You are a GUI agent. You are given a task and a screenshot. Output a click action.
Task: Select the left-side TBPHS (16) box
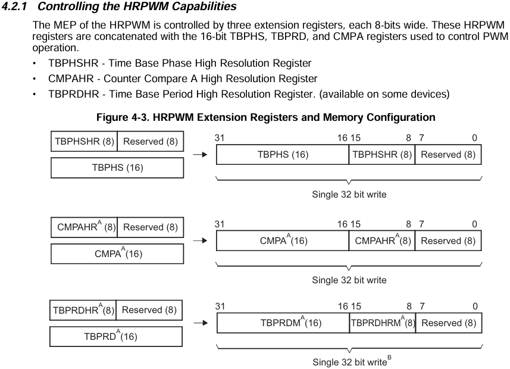pos(117,168)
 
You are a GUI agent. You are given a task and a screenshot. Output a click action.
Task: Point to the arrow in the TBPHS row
pos(201,155)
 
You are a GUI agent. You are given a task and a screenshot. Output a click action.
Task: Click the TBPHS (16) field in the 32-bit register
pos(282,154)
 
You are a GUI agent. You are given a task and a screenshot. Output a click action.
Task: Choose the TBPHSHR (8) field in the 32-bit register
pos(382,154)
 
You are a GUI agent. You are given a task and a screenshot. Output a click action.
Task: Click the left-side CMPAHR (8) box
pos(84,227)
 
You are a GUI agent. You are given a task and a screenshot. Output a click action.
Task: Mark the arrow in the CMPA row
pos(201,240)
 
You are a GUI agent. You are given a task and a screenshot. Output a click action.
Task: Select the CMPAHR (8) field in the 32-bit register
pos(382,240)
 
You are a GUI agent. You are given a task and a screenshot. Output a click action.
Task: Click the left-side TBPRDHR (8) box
pos(83,310)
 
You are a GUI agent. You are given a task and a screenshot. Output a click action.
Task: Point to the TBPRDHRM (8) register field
pos(382,323)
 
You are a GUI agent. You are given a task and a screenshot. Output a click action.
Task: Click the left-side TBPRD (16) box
pos(117,337)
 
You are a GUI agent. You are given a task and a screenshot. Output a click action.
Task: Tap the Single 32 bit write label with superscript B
pos(351,362)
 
